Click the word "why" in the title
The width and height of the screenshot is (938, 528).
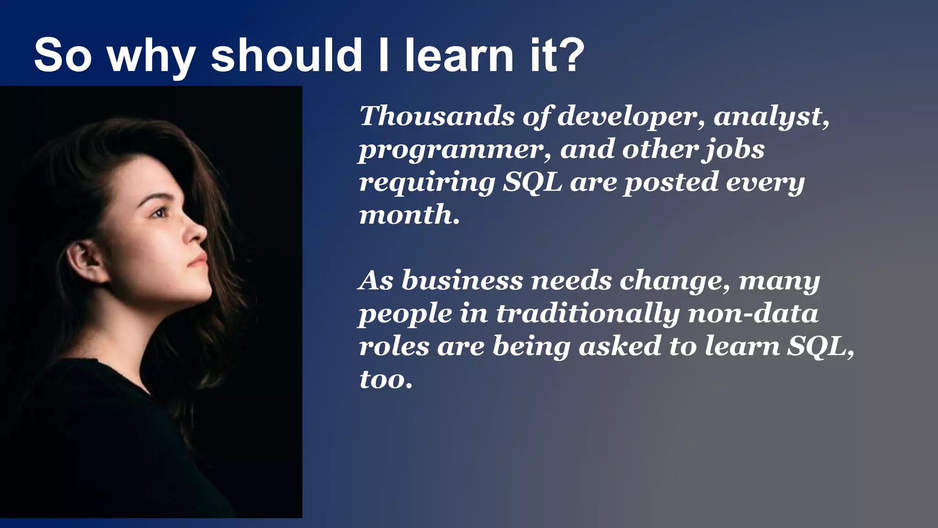coord(152,57)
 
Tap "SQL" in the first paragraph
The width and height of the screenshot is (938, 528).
coord(533,182)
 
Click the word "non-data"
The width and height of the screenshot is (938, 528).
coord(753,313)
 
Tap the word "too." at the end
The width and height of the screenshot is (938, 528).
coord(386,379)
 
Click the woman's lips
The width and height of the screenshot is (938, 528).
coord(201,260)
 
